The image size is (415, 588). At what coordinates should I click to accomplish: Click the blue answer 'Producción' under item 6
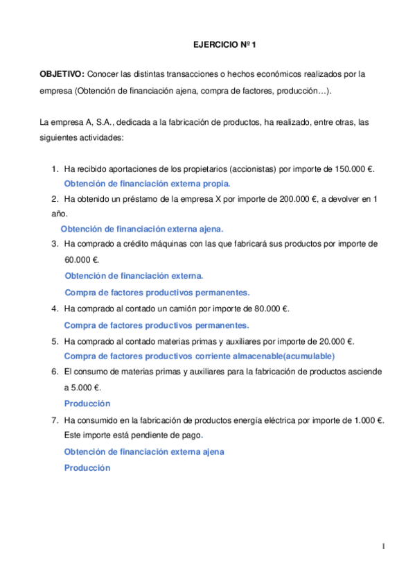pos(87,404)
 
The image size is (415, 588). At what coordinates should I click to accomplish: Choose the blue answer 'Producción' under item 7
pos(87,468)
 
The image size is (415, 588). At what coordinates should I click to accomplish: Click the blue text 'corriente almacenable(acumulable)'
pos(267,356)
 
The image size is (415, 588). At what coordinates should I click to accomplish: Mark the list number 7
pos(54,420)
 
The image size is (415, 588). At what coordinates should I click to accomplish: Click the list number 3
pos(54,244)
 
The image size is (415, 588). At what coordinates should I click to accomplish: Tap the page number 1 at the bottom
pos(383,548)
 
